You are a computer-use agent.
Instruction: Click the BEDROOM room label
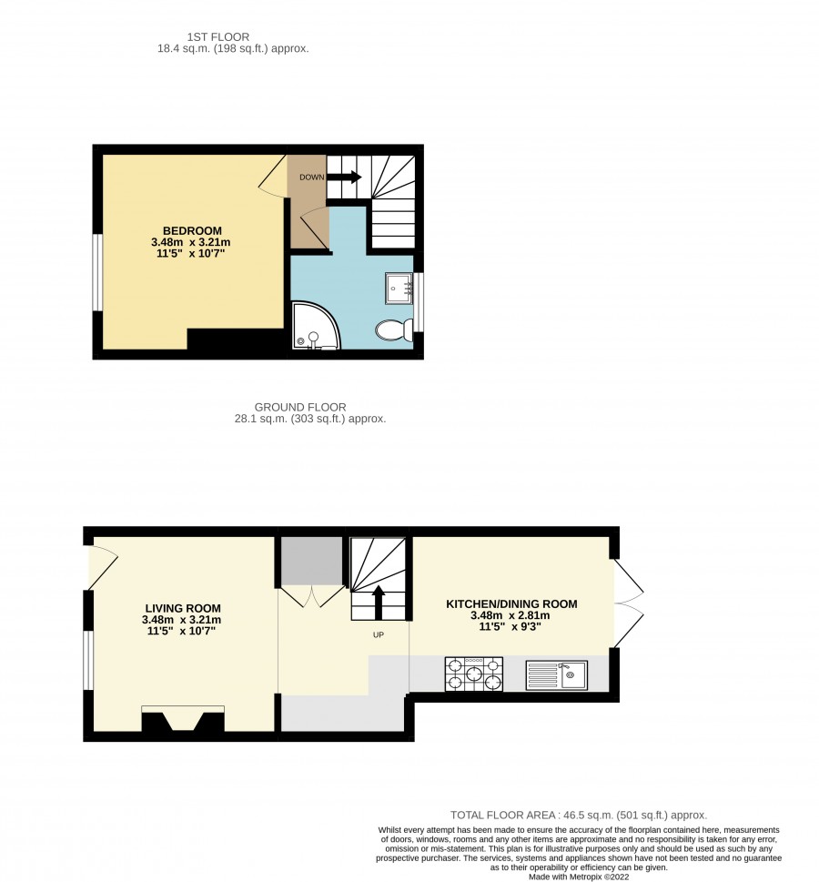[192, 230]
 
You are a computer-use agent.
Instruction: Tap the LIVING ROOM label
[183, 608]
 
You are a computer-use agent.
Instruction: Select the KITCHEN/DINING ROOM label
[511, 604]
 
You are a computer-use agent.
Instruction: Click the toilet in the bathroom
[394, 330]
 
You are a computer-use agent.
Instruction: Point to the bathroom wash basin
[399, 289]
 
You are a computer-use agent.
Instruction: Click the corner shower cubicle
[315, 326]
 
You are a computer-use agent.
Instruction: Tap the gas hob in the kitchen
[474, 674]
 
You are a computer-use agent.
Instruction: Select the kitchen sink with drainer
[556, 675]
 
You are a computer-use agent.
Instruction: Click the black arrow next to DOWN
[344, 177]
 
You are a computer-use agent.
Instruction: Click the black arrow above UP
[379, 602]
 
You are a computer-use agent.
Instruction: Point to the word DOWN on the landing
[311, 177]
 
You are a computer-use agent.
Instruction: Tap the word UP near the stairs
[379, 635]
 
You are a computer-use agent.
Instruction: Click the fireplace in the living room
[183, 719]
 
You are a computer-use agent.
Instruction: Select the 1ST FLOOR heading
[218, 37]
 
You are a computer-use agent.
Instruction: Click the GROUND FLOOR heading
[300, 407]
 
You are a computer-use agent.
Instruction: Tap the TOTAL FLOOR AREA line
[579, 815]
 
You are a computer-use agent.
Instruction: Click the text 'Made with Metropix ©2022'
[579, 877]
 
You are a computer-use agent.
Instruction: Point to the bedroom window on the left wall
[98, 272]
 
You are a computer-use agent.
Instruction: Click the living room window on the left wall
[88, 660]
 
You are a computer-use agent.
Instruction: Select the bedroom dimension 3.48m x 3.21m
[191, 242]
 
